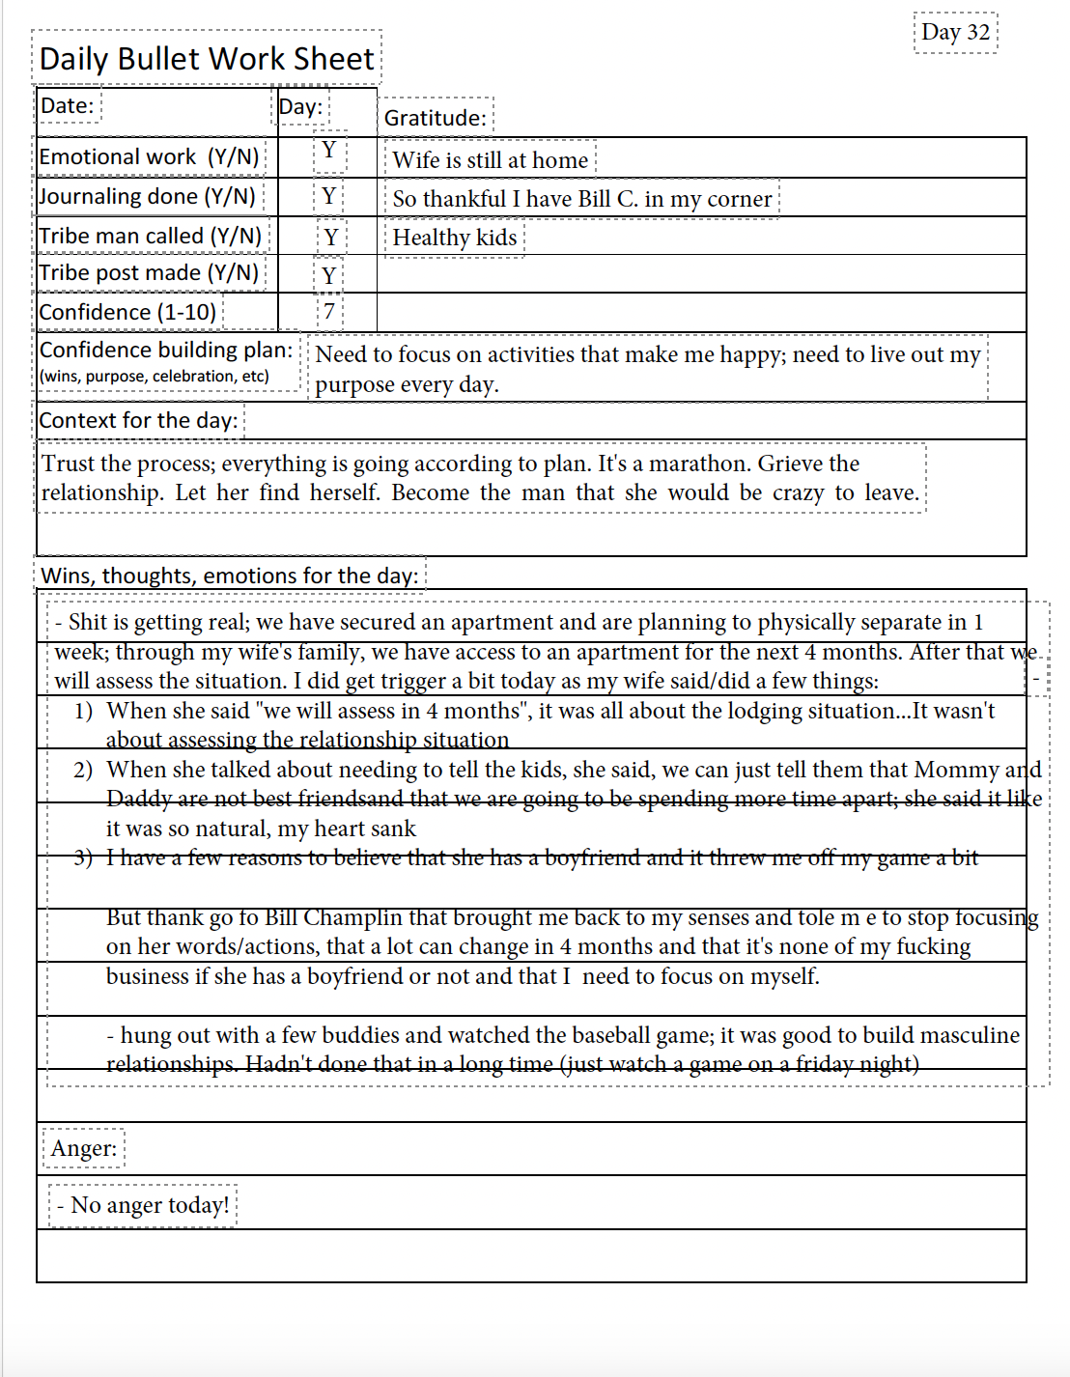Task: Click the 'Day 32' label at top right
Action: tap(955, 33)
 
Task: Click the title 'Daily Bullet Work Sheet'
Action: tap(207, 59)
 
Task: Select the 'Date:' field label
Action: tap(68, 105)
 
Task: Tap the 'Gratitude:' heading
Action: tap(436, 118)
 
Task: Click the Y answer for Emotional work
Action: tap(329, 151)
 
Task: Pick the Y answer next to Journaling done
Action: tap(329, 196)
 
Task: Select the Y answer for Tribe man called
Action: tap(331, 237)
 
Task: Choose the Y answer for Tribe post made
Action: tap(329, 275)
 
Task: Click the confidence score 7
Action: tap(329, 311)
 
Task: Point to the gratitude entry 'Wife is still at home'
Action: tap(490, 160)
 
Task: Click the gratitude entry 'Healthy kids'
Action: tap(454, 238)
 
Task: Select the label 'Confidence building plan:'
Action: tap(166, 350)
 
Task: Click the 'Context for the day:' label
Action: tap(138, 420)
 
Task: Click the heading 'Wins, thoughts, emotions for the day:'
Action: tap(230, 576)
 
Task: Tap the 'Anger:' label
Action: tap(84, 1148)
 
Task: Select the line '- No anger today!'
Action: tap(143, 1205)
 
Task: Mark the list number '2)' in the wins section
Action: tap(83, 770)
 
